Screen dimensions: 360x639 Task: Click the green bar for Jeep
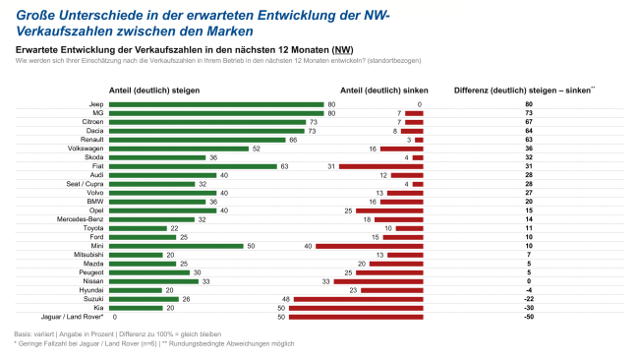[x=219, y=104]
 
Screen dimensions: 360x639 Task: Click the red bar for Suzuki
[x=357, y=299]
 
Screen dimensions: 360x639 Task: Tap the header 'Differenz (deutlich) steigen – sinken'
[x=524, y=90]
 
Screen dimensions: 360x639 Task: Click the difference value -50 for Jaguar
[x=528, y=317]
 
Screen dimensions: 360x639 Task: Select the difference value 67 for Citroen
[x=529, y=122]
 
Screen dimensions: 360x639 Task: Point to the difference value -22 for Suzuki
[x=528, y=299]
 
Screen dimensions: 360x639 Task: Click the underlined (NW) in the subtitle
[x=343, y=49]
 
